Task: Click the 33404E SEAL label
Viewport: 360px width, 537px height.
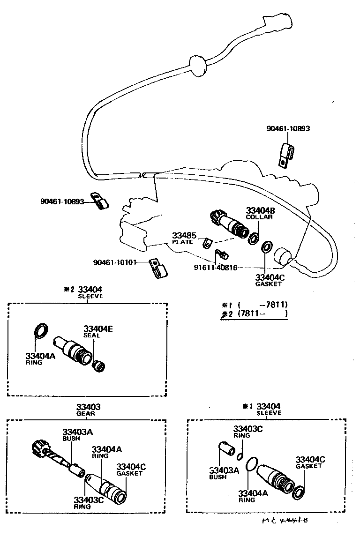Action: [97, 332]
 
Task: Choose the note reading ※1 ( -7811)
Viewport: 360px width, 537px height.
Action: [256, 304]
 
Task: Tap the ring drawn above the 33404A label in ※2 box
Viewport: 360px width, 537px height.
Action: [41, 330]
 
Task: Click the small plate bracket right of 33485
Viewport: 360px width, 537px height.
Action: [207, 243]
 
